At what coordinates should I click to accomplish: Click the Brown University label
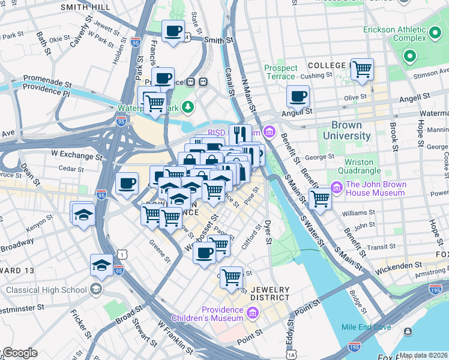coord(347,131)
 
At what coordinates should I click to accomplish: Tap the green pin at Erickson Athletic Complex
coord(410,57)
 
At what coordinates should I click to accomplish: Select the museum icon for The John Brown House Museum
coord(336,189)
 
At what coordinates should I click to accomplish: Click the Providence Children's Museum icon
coord(252,313)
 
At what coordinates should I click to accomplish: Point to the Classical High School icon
coord(95,290)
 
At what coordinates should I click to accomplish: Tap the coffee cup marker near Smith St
coord(174,31)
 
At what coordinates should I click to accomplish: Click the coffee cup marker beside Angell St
coord(298,96)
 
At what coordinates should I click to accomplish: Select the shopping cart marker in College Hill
coord(362,70)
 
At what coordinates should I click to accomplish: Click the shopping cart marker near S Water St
coord(320,199)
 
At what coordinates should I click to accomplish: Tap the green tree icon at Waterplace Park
coord(189,107)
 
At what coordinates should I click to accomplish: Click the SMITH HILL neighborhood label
coord(85,7)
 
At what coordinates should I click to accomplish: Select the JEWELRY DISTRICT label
coord(270,294)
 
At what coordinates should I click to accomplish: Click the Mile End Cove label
coord(366,327)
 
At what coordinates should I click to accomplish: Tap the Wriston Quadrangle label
coord(359,167)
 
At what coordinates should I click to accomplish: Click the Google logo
coord(19,353)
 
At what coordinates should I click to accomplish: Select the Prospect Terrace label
coord(280,72)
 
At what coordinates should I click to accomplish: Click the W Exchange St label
coord(76,154)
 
